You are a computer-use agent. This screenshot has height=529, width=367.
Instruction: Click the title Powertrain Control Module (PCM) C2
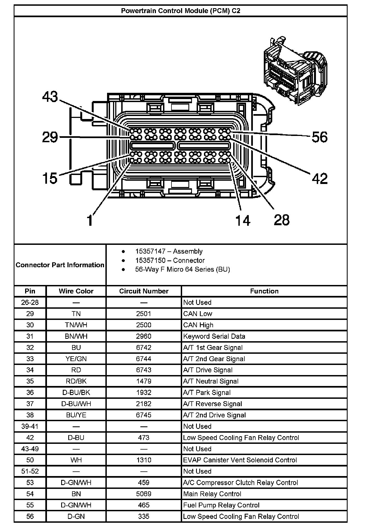pos(180,11)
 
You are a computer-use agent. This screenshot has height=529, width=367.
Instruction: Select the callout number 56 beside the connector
pos(319,137)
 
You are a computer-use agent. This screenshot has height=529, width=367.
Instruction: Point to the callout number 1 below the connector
pos(90,220)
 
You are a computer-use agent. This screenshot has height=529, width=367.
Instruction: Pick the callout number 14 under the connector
pos(242,220)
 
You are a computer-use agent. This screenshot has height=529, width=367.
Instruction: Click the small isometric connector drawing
pos(295,72)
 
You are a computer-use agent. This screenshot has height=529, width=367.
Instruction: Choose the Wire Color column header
pos(76,291)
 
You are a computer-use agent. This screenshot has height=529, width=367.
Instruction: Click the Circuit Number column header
pos(144,291)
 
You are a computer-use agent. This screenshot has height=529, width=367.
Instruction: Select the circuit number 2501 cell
pos(144,314)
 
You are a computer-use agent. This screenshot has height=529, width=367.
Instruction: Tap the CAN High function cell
pos(198,325)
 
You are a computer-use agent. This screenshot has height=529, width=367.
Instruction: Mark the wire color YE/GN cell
pos(76,359)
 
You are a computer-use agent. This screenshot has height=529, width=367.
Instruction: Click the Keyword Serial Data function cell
pos(214,336)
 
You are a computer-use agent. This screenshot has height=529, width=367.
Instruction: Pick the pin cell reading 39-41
pos(30,426)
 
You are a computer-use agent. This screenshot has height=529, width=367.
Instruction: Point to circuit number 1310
pos(144,460)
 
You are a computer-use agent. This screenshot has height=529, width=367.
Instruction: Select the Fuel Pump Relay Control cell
pos(221,505)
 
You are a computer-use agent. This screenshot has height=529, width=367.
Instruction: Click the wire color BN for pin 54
pos(76,494)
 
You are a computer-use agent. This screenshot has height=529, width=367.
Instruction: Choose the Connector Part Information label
pos(60,265)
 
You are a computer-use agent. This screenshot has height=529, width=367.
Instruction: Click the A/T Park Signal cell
pos(207,393)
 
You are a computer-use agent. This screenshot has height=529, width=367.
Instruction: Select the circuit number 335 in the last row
pos(144,516)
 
